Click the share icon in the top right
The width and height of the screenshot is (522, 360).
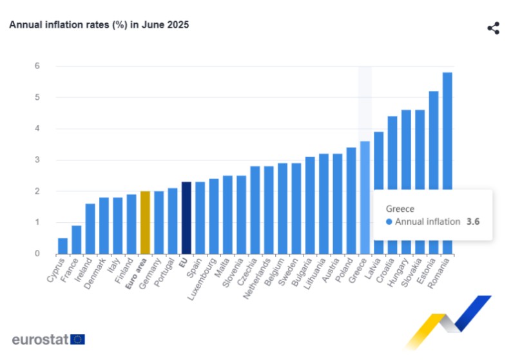[493, 28]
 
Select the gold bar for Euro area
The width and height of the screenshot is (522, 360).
[145, 222]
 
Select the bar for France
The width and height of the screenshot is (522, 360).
[76, 240]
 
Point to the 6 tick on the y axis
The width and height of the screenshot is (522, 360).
[37, 66]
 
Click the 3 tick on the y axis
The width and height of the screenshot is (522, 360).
[37, 160]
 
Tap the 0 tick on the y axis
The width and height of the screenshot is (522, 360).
[37, 254]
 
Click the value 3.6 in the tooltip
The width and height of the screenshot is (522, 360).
[473, 222]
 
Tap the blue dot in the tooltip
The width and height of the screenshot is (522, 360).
[389, 222]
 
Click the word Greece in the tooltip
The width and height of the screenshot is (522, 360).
[399, 209]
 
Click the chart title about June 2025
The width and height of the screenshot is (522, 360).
[99, 24]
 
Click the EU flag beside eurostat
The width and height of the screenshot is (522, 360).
[77, 339]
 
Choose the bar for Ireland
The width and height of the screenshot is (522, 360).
[90, 229]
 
